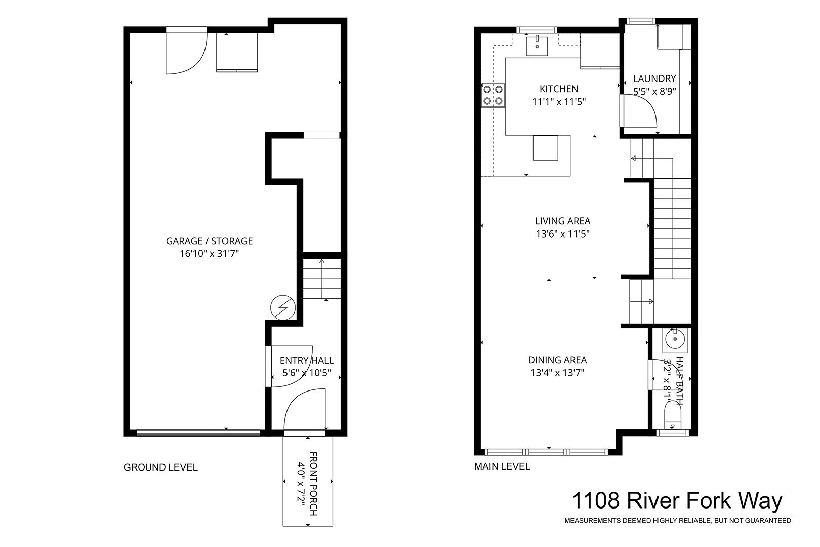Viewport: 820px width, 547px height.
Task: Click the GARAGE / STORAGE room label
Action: pyautogui.click(x=209, y=241)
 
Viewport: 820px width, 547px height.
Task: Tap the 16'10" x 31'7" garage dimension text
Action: pyautogui.click(x=209, y=254)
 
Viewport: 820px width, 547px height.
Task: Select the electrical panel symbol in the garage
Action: pyautogui.click(x=282, y=308)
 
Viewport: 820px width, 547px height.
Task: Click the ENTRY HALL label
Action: pyautogui.click(x=307, y=360)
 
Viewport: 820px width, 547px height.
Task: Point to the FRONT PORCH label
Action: pyautogui.click(x=313, y=484)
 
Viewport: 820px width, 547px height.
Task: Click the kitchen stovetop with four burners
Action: pyautogui.click(x=493, y=95)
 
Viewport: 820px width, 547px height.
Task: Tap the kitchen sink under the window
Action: pyautogui.click(x=537, y=46)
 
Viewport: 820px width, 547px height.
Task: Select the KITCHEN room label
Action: pyautogui.click(x=559, y=89)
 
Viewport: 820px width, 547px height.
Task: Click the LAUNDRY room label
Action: pyautogui.click(x=654, y=79)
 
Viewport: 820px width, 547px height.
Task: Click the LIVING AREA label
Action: pyautogui.click(x=563, y=221)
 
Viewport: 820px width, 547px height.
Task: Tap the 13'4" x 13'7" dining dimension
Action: pyautogui.click(x=557, y=373)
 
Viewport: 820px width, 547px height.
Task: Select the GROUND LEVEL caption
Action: pyautogui.click(x=160, y=467)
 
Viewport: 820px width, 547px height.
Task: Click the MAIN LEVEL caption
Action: pyautogui.click(x=502, y=466)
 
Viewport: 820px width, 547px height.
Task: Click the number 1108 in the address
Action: pyautogui.click(x=596, y=500)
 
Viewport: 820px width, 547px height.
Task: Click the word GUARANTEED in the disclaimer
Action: pyautogui.click(x=768, y=520)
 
